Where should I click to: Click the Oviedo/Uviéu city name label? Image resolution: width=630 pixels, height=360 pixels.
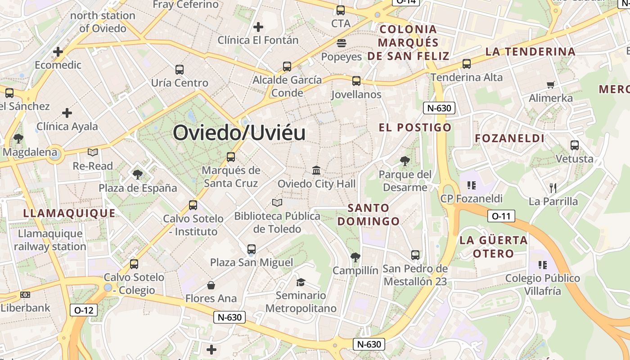tap(239, 133)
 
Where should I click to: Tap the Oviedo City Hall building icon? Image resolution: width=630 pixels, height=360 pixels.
tap(316, 171)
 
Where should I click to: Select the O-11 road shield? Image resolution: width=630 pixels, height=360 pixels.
tap(501, 216)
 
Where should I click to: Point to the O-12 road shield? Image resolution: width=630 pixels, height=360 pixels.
tap(84, 310)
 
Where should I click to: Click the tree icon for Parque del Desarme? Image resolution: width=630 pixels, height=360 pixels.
tap(405, 161)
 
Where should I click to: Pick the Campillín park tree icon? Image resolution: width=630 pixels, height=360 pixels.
tap(355, 257)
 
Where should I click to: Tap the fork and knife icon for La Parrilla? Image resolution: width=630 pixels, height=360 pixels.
tap(553, 188)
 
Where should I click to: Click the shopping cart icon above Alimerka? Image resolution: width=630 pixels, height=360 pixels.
tap(550, 85)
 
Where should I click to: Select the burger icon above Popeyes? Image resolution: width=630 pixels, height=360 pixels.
tap(341, 43)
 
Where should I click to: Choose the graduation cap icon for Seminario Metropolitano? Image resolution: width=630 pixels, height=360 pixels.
tap(301, 282)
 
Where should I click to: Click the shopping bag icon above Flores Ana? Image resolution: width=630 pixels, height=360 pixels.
tap(211, 285)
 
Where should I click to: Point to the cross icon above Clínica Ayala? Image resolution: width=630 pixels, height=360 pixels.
tap(67, 112)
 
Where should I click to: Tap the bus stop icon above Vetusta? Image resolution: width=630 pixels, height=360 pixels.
tap(574, 145)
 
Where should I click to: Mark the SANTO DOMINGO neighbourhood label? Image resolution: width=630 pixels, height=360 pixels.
tap(369, 215)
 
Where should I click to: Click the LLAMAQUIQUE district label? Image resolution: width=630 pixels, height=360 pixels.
tap(69, 213)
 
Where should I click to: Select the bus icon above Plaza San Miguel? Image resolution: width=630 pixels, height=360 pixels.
tap(252, 249)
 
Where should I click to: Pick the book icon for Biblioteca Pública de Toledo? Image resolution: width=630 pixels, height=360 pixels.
tap(277, 203)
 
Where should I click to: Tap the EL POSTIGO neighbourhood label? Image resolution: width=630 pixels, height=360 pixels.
tap(415, 127)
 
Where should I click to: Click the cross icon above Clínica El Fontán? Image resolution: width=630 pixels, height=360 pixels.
tap(258, 27)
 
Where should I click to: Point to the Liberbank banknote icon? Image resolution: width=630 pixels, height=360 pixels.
tap(25, 295)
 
